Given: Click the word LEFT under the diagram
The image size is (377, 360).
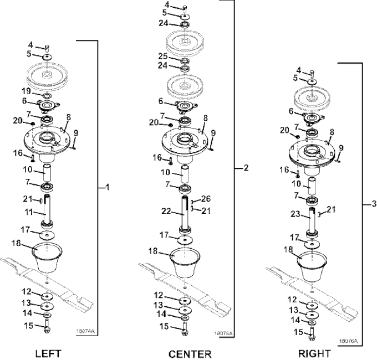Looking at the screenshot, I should point(48,353).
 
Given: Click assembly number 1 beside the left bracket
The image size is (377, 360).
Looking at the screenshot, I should point(108,188).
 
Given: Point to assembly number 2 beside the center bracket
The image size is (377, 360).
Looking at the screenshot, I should point(246,168).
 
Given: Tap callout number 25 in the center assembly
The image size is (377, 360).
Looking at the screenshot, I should point(163,56).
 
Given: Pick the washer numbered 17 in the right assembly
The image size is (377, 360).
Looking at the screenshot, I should point(313,243).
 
